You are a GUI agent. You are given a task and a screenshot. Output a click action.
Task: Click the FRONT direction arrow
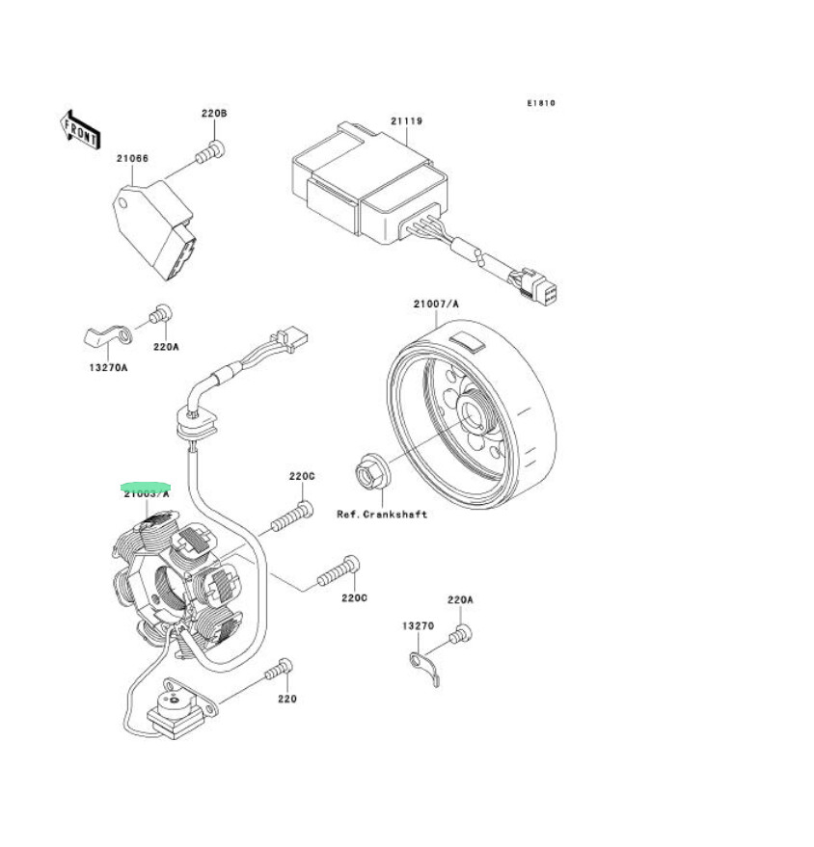[x=81, y=128]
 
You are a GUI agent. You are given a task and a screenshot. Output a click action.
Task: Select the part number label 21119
[x=406, y=121]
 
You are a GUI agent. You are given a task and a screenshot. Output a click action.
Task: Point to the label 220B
[x=213, y=114]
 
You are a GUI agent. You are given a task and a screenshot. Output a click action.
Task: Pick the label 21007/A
[x=436, y=304]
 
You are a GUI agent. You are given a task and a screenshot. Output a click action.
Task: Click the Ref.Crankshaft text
[x=382, y=515]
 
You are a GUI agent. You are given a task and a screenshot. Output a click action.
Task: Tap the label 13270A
[x=109, y=367]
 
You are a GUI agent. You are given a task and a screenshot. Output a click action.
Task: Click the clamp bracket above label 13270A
[x=100, y=337]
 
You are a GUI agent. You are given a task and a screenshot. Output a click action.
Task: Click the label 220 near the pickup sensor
[x=286, y=699]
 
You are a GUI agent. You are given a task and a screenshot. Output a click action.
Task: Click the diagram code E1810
[x=541, y=103]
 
